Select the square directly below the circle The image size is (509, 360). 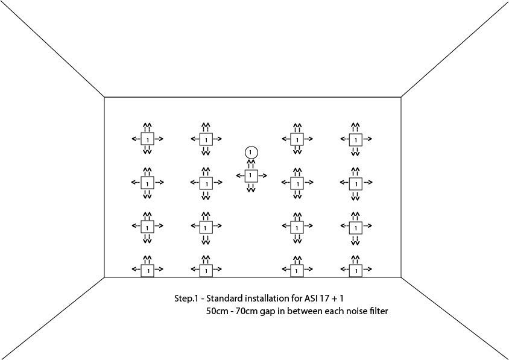point(251,175)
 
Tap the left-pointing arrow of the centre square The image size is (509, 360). point(240,176)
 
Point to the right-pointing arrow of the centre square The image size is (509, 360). point(262,176)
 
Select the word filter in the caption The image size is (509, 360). point(379,311)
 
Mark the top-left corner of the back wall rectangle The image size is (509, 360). point(104,97)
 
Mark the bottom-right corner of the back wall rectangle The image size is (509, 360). point(401,277)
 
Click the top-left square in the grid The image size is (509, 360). point(147,139)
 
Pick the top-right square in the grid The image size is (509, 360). point(355,139)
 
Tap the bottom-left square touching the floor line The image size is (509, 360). point(147,271)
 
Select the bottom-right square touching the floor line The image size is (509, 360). point(355,271)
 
